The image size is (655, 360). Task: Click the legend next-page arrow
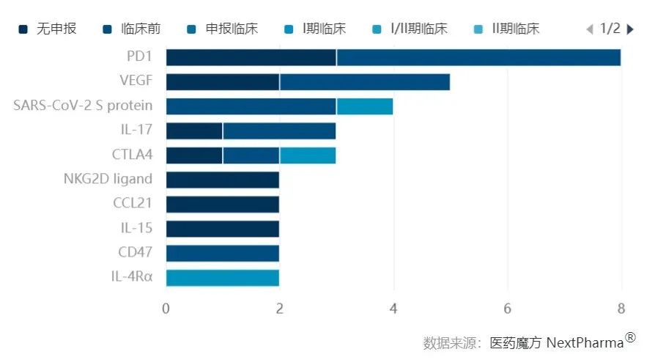(631, 29)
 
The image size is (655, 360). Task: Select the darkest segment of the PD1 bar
(251, 57)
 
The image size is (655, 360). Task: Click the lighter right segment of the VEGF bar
(364, 81)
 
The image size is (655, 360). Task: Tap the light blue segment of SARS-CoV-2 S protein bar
(364, 106)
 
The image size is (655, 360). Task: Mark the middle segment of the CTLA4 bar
(251, 155)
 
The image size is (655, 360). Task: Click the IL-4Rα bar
(222, 277)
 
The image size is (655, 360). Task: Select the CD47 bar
(222, 253)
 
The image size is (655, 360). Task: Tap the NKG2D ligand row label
(117, 179)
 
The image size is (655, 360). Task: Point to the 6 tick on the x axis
(507, 308)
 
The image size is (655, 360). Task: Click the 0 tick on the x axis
(166, 308)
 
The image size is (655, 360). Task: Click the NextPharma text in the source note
(585, 342)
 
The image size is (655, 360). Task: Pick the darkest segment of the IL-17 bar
(194, 131)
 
